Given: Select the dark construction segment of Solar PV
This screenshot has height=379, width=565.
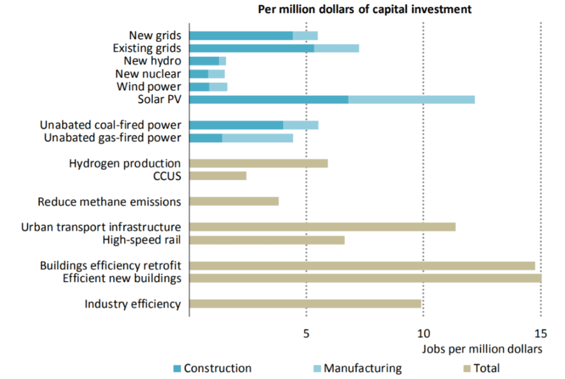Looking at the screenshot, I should [x=269, y=99].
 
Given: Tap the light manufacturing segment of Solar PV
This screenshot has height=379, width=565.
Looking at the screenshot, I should [x=411, y=99].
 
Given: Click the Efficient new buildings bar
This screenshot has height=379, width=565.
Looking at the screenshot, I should [x=365, y=278].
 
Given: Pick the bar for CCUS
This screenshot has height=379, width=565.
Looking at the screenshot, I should [x=217, y=176].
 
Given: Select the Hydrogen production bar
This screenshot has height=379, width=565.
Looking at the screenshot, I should [x=258, y=163].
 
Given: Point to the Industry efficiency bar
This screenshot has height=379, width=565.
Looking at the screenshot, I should [x=305, y=303].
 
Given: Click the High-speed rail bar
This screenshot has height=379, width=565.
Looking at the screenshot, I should [x=266, y=240].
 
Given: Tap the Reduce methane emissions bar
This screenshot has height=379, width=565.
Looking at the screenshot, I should [x=234, y=201].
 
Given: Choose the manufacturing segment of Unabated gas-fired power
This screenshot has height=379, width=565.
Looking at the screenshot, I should [x=257, y=138].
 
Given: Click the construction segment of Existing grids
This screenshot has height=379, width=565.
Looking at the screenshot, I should [x=252, y=48].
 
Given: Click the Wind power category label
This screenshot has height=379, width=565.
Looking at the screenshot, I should [x=148, y=87].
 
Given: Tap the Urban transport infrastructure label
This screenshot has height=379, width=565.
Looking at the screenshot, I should [x=101, y=227].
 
